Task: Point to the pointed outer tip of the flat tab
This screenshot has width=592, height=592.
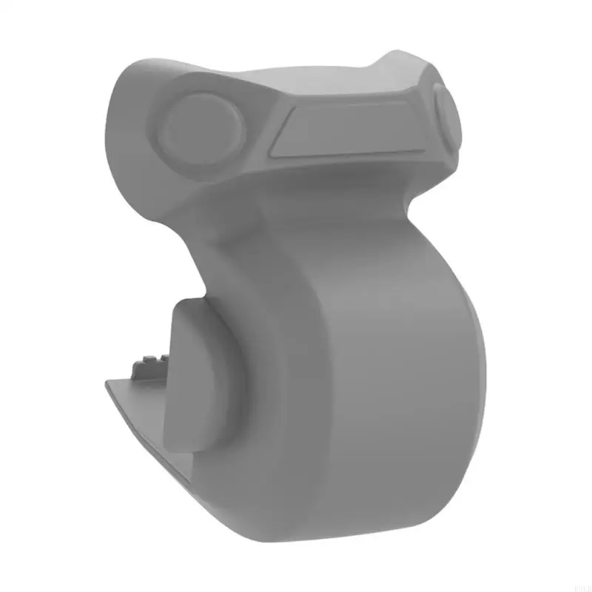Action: coord(107,383)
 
